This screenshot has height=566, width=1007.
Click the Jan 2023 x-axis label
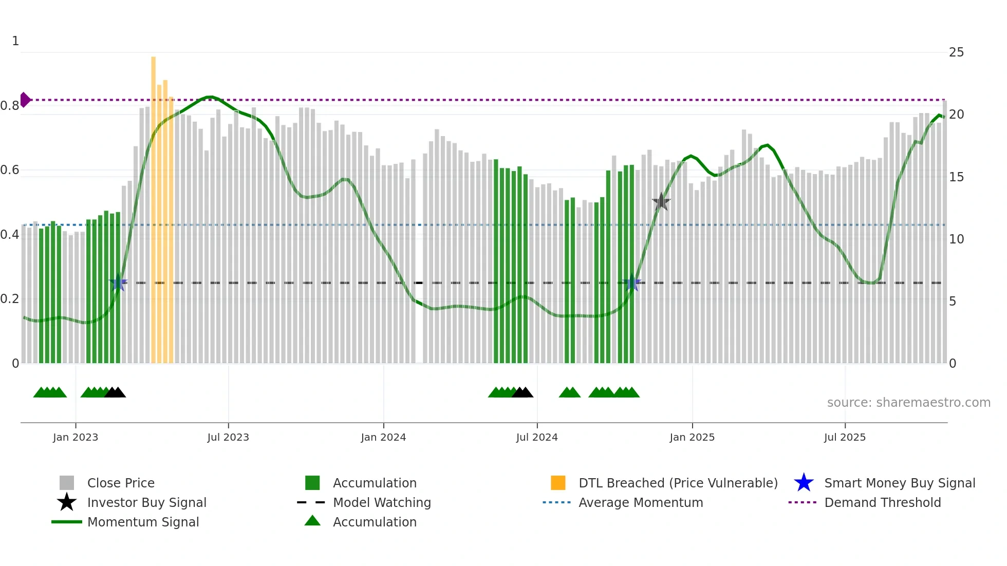click(75, 437)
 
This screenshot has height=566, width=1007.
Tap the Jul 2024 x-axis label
click(537, 437)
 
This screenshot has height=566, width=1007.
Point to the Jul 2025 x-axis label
click(845, 437)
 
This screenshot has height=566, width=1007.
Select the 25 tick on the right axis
click(956, 52)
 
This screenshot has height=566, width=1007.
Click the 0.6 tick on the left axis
click(10, 170)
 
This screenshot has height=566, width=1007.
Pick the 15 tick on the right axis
click(956, 177)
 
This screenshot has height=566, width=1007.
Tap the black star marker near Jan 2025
click(661, 202)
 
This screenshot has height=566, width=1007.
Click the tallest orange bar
click(153, 205)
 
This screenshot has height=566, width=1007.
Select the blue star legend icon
click(804, 483)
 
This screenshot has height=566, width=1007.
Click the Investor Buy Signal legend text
click(147, 502)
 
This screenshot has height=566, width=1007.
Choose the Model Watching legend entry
click(382, 502)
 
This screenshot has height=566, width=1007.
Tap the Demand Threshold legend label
click(882, 502)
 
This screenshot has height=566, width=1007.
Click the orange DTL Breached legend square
click(558, 483)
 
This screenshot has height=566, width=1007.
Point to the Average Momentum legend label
click(641, 502)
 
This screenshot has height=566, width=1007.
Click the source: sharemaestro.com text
click(908, 403)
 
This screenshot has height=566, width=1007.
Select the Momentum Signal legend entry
click(143, 522)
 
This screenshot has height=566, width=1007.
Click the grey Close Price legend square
click(67, 483)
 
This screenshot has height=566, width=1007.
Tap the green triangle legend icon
click(312, 521)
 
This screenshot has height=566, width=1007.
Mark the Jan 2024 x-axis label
click(383, 437)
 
